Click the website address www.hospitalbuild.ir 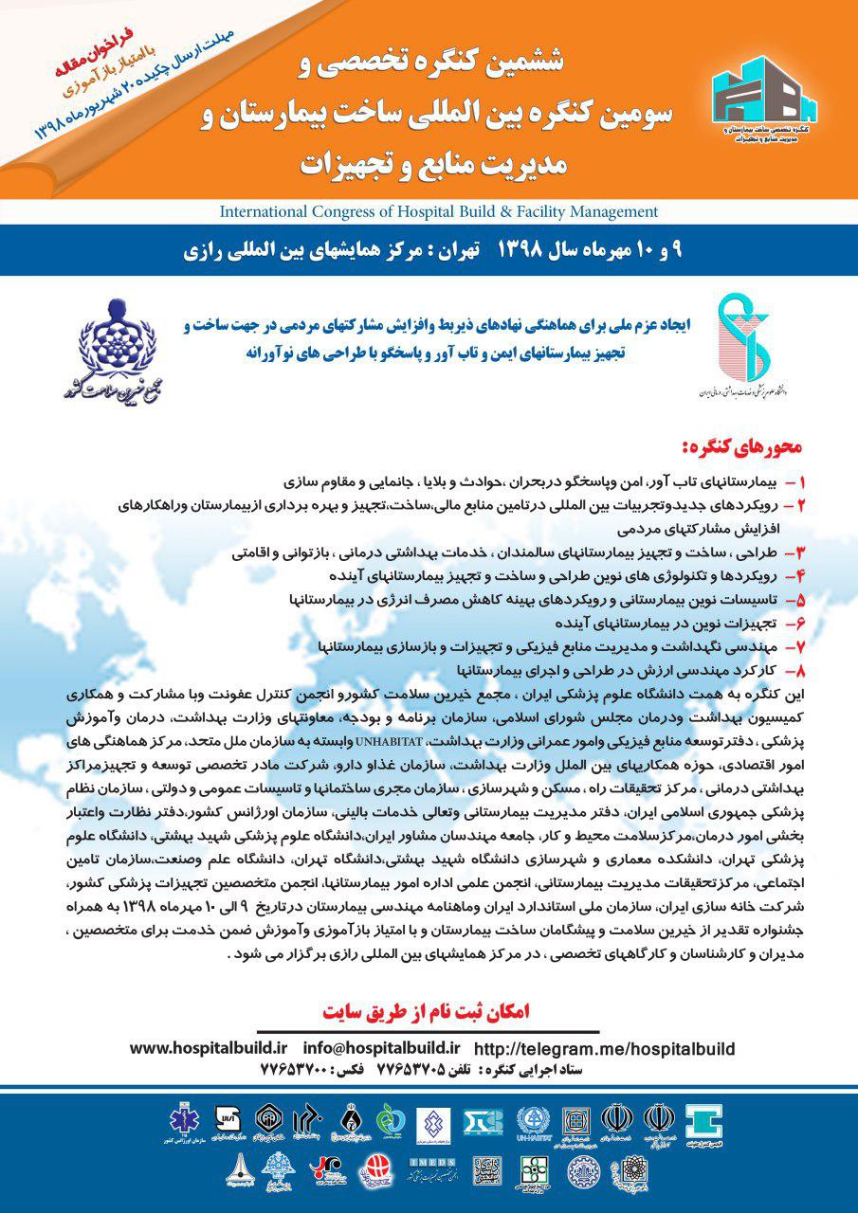point(208,1047)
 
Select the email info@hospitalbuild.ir point(381,1047)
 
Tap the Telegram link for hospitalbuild point(604,1048)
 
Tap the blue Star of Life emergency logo point(182,1121)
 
